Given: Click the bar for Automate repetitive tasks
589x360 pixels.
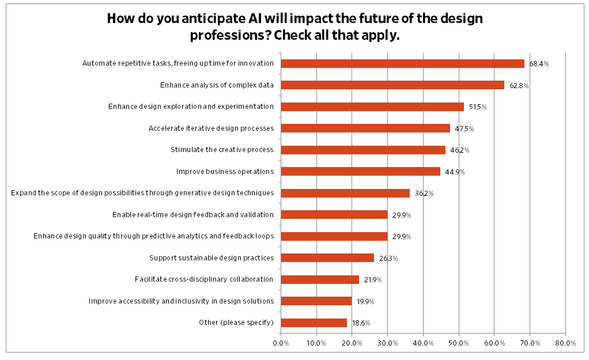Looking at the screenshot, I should coord(402,64).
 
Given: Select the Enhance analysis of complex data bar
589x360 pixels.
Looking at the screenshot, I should coord(392,85).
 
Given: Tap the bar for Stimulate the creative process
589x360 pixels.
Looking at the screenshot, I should coord(363,150).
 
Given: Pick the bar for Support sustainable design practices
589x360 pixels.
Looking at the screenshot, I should coord(327,257).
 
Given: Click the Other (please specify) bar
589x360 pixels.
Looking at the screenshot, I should coord(314,323).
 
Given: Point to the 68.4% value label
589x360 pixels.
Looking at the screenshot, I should coord(539,64).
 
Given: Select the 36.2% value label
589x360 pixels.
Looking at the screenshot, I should coord(424,194).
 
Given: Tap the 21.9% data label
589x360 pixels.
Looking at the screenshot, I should coord(373,279).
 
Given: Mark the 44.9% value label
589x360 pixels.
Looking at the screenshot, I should coord(455,172).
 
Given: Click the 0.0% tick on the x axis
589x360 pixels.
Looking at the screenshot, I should coord(281,343).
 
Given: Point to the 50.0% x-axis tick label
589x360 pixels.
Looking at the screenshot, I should coord(459,343).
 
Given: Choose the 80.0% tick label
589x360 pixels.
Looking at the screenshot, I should coord(565,343).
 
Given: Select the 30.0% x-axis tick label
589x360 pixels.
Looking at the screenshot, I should coord(387,343).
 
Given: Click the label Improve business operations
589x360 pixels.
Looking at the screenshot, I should coord(224,171).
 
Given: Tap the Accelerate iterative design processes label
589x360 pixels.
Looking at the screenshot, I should coord(211,128).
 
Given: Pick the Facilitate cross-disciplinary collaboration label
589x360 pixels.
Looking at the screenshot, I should coord(203,279).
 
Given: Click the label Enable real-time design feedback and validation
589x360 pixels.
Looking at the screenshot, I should coord(192,215).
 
